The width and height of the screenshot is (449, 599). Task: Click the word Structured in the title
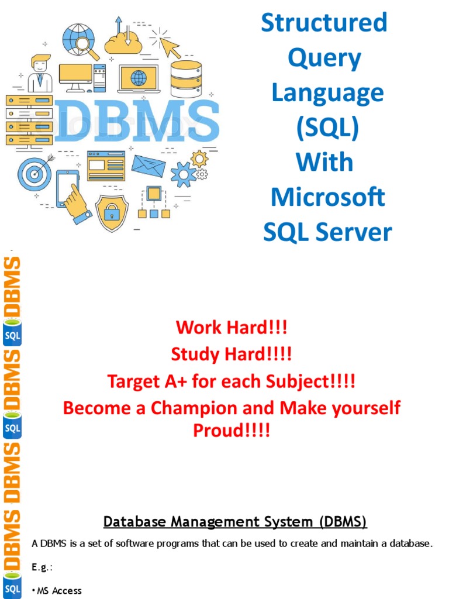pos(324,23)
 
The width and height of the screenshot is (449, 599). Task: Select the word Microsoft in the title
pos(327,197)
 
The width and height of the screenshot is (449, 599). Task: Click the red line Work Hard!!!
pos(232,328)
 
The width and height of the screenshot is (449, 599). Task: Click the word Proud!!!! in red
pos(232,432)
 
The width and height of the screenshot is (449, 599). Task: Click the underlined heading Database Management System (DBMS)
pos(235,521)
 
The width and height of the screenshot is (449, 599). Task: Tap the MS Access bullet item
pos(58,591)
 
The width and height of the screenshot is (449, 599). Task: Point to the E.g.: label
pos(42,567)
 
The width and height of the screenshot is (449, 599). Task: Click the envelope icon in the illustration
pos(148,166)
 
